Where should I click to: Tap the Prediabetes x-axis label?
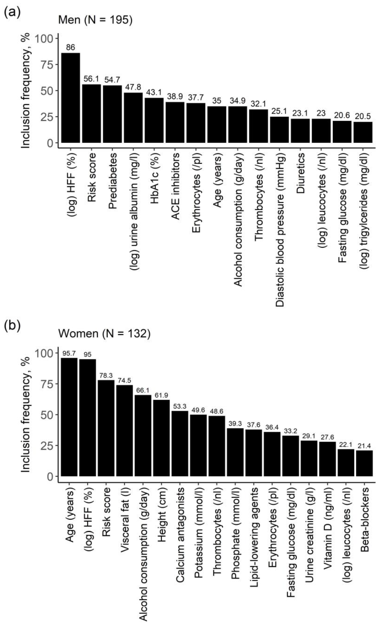[112, 181]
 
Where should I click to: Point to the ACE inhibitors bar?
[175, 122]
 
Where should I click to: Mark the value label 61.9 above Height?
[161, 395]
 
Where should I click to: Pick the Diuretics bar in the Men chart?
[300, 131]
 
